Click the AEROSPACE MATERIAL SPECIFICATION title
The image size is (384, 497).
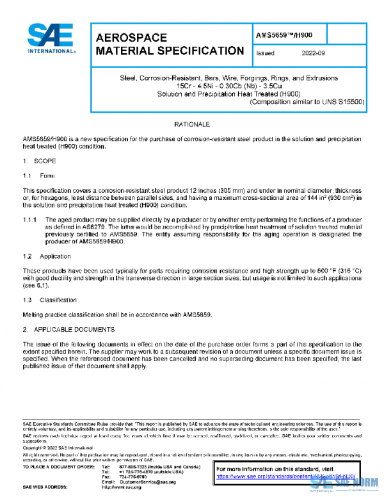click(169, 44)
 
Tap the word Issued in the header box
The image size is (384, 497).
click(265, 54)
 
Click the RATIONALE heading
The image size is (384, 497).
click(193, 124)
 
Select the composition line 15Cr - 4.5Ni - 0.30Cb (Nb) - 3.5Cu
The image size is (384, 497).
click(228, 86)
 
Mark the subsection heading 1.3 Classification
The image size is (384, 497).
click(49, 300)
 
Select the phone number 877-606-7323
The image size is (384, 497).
click(133, 467)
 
